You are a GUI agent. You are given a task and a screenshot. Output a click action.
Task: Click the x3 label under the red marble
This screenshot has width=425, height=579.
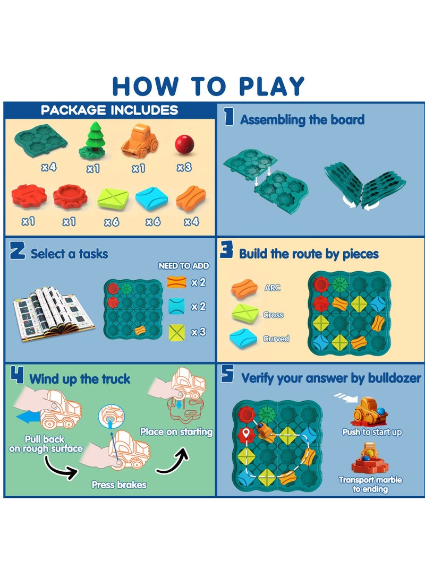[184, 168]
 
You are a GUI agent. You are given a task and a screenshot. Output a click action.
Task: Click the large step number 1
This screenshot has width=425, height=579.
[229, 117]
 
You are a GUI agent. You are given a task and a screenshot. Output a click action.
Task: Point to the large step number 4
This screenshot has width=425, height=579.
[17, 376]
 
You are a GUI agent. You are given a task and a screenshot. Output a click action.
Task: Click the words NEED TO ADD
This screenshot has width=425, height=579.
[184, 266]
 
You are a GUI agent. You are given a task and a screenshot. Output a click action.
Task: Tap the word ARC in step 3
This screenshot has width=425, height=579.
[272, 288]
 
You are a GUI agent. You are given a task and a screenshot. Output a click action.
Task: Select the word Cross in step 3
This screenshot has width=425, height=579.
[273, 315]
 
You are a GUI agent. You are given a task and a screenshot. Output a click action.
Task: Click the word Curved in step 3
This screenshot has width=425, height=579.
[276, 339]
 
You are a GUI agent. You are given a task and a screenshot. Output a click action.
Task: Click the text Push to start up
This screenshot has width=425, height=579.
[372, 432]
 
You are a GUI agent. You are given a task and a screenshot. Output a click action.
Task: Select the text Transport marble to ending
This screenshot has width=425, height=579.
[370, 484]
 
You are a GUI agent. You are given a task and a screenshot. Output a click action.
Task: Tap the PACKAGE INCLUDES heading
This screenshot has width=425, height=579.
[109, 110]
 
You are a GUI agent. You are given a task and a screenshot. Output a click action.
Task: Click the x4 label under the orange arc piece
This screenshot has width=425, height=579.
[191, 222]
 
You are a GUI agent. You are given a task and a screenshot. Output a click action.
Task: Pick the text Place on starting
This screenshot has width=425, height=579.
[176, 431]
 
